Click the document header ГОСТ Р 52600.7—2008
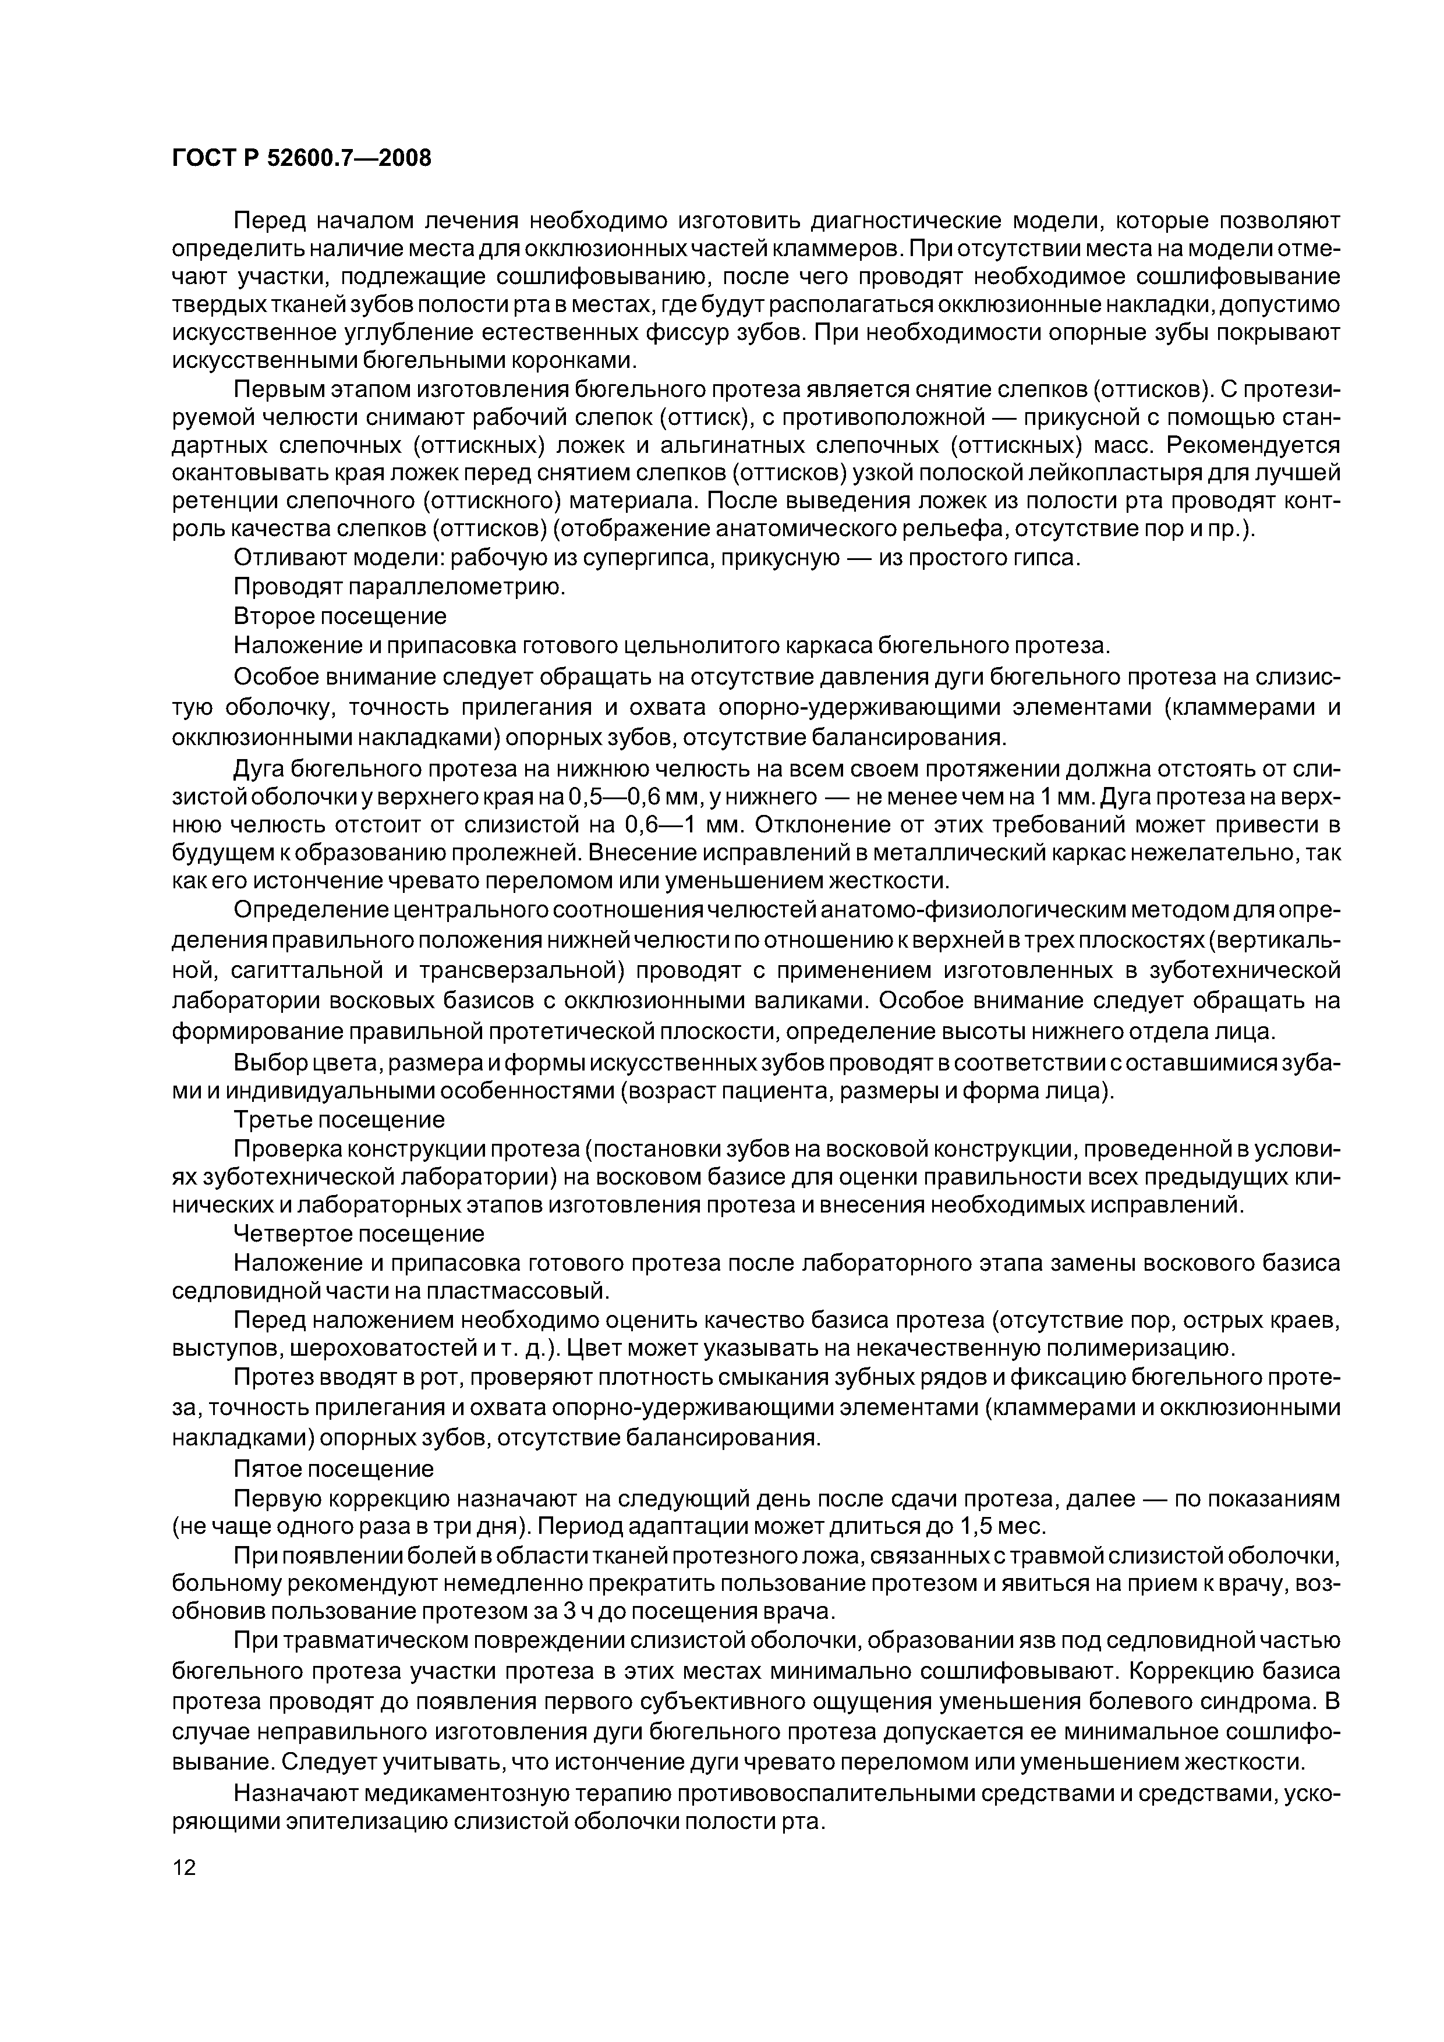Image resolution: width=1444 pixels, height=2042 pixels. click(x=300, y=158)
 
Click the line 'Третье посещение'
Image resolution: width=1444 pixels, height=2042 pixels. click(x=338, y=1119)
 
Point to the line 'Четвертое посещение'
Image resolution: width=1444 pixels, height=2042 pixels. click(x=359, y=1233)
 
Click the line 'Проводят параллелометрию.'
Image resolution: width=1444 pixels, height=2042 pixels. click(x=399, y=587)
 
